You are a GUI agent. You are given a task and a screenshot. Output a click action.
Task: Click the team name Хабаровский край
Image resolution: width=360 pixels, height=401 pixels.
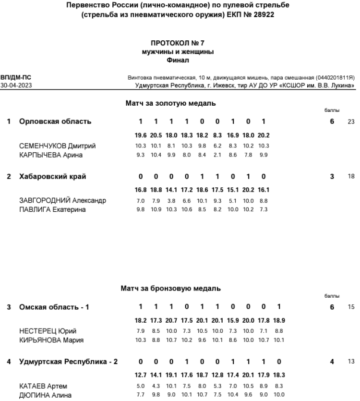53,176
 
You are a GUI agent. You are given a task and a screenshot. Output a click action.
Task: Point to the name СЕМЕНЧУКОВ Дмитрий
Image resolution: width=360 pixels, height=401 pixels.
57,146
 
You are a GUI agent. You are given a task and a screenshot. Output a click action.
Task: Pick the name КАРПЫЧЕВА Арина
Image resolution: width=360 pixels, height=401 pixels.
51,155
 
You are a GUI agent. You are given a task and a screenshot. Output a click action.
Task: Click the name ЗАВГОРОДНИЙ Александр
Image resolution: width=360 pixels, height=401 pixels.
62,200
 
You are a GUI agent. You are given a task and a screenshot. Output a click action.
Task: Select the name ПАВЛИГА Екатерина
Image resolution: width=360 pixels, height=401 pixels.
54,209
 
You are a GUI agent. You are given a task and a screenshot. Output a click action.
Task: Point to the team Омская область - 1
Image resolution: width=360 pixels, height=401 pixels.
54,307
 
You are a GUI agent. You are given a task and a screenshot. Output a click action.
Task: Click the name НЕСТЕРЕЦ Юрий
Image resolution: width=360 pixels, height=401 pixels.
48,331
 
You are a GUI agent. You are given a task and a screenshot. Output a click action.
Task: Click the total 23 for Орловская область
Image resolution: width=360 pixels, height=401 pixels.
350,122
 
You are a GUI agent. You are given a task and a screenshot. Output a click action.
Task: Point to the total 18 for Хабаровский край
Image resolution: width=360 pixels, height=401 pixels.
350,176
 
